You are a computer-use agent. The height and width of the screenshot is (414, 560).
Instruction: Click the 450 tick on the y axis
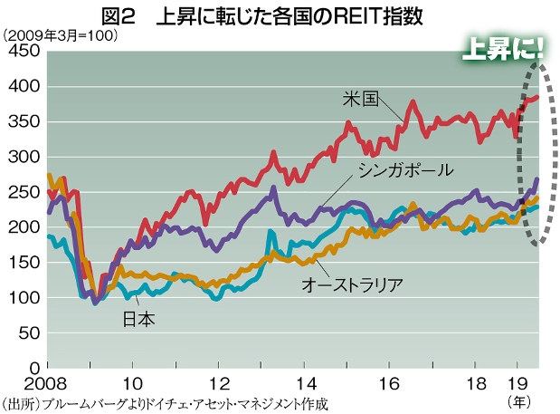pos(21,52)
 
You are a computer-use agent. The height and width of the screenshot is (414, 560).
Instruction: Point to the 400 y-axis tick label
pos(21,87)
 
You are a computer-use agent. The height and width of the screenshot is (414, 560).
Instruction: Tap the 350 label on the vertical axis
pos(21,122)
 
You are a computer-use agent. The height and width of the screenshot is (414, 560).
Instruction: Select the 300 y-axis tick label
pos(21,158)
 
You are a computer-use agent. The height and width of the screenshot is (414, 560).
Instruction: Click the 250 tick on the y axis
pos(21,193)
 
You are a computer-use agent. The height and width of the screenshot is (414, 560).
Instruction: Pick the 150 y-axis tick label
pos(21,263)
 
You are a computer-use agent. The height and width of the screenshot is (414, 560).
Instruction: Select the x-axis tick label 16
pos(388,381)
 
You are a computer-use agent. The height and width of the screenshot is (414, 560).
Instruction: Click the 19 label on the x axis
pos(515,381)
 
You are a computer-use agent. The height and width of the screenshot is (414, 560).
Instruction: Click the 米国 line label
pos(360,97)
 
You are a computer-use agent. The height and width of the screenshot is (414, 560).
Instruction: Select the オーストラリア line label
pos(351,284)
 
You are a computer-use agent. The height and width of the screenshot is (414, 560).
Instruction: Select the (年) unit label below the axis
pos(519,399)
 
